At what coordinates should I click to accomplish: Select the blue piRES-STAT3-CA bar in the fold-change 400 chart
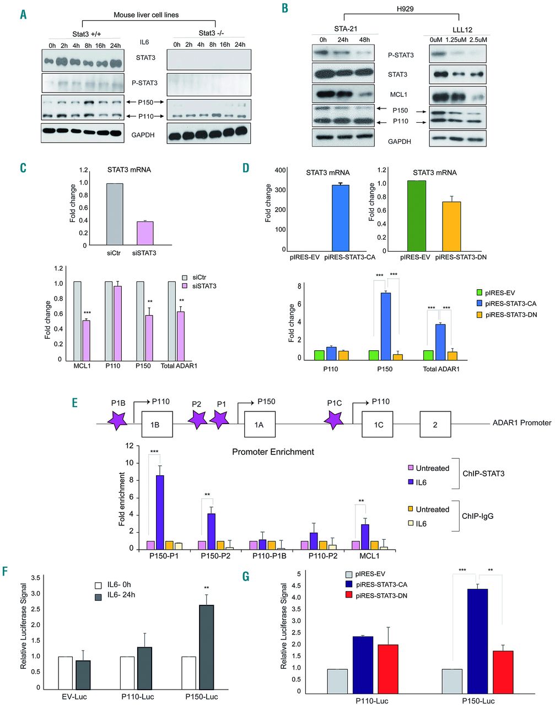pos(340,217)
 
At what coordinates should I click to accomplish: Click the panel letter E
pos(75,403)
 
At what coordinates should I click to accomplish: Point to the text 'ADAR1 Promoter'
pos(521,423)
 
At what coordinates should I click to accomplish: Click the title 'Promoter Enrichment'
pos(273,452)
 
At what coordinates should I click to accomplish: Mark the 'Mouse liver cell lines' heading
pos(147,15)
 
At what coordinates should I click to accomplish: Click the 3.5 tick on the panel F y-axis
pos(36,578)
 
